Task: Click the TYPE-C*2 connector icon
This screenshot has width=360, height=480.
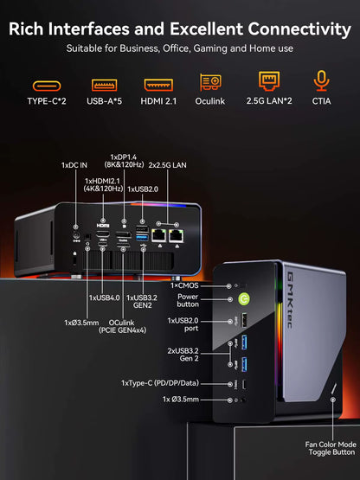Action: [48, 86]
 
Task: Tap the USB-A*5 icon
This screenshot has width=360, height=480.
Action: [104, 86]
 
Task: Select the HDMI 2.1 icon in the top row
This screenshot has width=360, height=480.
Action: [157, 86]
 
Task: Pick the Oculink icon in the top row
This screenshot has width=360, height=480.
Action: [211, 83]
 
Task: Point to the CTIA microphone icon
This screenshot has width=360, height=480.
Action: [322, 82]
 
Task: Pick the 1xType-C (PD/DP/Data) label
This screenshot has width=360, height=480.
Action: [171, 382]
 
